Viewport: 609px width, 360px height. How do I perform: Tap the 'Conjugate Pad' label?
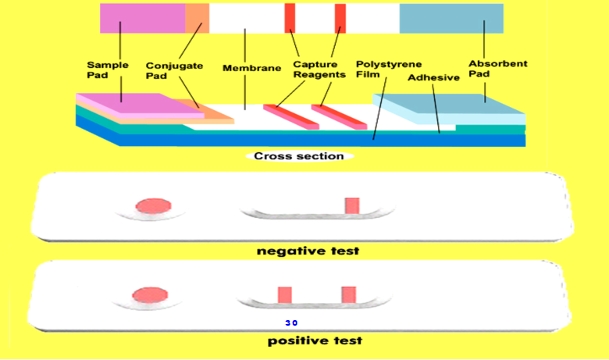174,70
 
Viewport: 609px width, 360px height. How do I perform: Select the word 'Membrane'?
251,68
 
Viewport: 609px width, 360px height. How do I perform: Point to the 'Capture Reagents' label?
319,69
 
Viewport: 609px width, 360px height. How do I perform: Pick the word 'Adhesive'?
433,77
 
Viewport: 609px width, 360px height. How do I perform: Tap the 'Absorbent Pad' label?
486,69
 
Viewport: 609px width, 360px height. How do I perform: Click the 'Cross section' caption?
299,155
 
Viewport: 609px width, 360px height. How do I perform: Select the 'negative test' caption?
308,251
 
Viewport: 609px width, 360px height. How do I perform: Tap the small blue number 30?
291,323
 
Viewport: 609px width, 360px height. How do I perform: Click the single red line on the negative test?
352,205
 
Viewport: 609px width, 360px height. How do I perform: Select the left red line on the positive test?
285,294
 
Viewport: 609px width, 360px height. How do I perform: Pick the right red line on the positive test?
348,294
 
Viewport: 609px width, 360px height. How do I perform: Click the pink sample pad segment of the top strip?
142,18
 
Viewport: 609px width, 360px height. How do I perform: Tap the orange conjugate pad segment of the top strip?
197,18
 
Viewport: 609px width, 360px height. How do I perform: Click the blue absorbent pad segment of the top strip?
451,18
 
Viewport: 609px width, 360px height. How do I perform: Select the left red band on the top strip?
290,18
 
